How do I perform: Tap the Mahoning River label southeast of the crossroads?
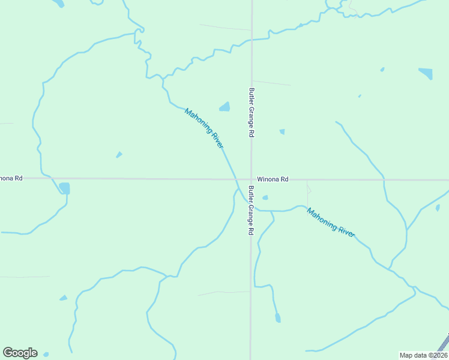pos(331,221)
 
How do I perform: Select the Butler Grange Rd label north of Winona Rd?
pos(252,113)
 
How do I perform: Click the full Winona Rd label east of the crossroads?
pos(273,179)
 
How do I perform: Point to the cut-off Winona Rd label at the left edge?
pos(11,178)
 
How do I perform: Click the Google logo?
pos(20,353)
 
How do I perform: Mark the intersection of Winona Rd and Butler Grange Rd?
pos(251,179)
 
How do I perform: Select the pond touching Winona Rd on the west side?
pos(64,188)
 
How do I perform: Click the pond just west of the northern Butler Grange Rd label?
pos(224,107)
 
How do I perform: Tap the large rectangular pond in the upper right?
pos(426,74)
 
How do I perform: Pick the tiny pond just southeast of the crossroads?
pos(265,197)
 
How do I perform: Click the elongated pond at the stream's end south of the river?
pos(277,317)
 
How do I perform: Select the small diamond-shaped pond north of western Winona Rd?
pos(119,155)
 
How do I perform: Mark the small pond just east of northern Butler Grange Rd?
pos(282,131)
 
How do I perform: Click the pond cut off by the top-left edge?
pos(58,3)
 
